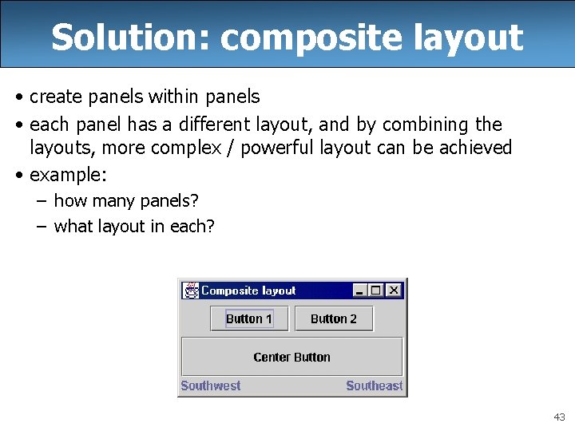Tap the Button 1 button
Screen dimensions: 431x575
pos(248,318)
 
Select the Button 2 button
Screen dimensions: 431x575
pos(334,318)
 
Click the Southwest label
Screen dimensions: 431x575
pos(211,386)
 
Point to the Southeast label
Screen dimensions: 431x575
pos(374,386)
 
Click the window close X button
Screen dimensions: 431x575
pos(394,291)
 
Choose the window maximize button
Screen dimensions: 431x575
pos(376,291)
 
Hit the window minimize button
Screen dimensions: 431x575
pos(360,291)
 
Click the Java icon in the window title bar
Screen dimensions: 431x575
pos(191,291)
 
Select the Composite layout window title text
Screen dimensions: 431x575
pos(248,291)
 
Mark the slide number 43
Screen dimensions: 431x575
pos(558,417)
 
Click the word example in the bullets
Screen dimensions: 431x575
pos(67,175)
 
